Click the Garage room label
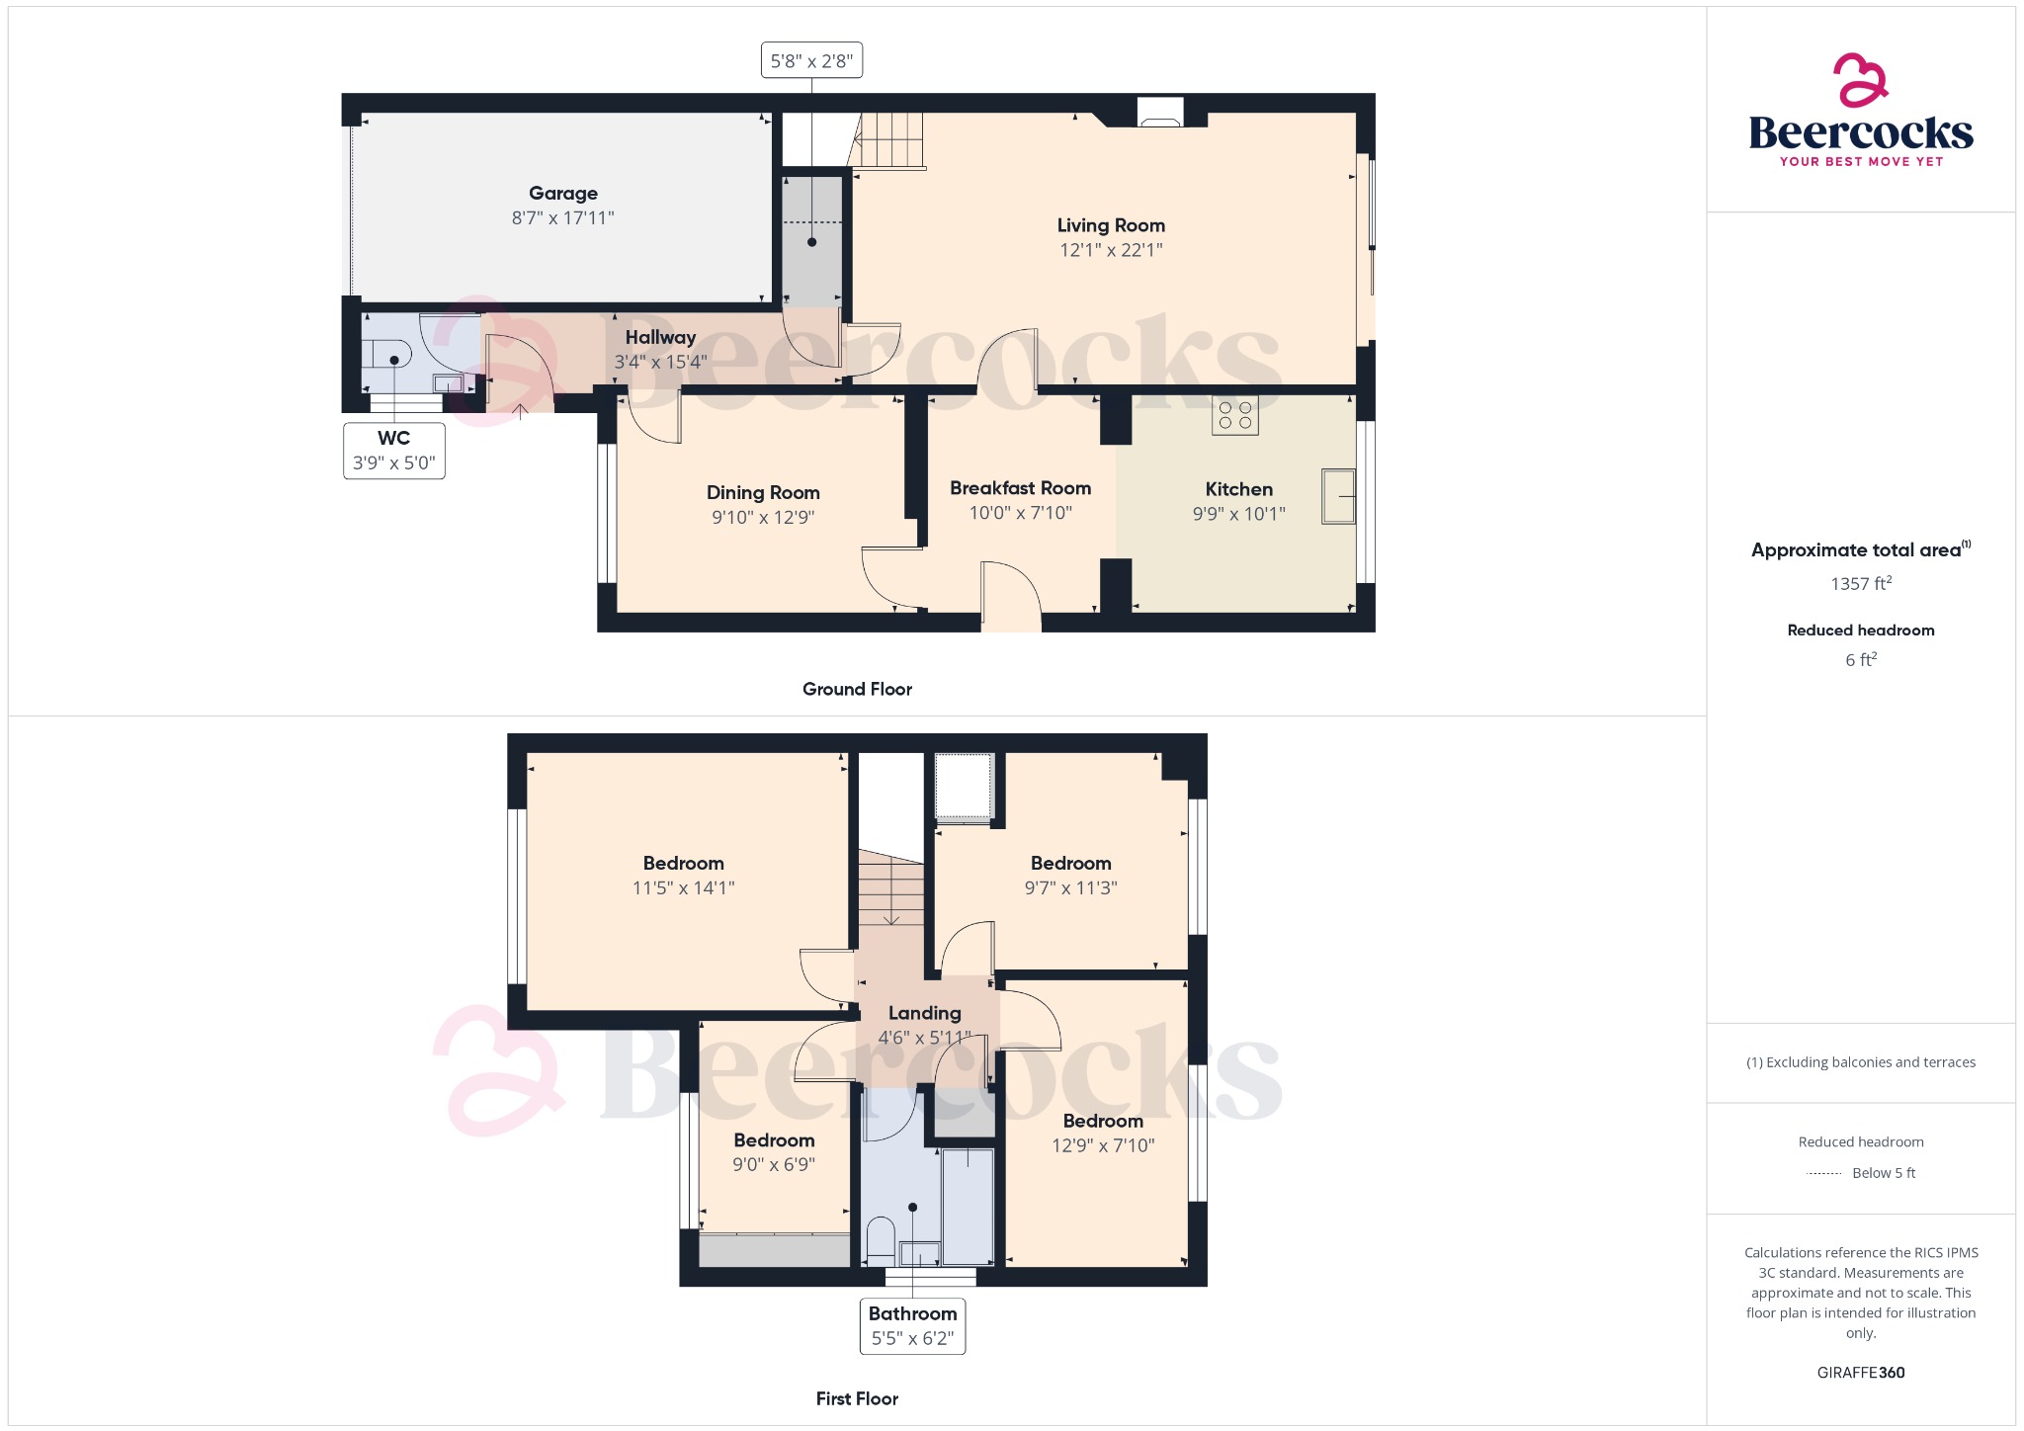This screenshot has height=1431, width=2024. (562, 194)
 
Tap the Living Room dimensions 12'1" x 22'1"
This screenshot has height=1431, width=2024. (1111, 250)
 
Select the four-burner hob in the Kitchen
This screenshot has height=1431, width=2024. (1234, 415)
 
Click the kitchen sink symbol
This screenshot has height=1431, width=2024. (1338, 496)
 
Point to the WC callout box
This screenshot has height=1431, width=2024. (393, 451)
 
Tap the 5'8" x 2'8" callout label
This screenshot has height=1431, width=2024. (811, 60)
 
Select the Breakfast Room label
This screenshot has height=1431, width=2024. (1020, 488)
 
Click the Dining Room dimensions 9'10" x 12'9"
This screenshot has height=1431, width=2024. (763, 517)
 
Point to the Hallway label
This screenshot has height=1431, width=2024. (660, 338)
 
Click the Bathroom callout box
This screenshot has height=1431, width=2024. (912, 1325)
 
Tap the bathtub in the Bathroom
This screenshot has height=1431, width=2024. (968, 1207)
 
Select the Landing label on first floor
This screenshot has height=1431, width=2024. (924, 1013)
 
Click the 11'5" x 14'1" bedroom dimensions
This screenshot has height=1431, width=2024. (683, 887)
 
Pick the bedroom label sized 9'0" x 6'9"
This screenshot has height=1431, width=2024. (774, 1140)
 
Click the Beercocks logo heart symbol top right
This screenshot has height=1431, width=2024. (1860, 80)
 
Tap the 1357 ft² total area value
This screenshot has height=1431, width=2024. (1860, 584)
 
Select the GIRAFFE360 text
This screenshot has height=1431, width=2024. (1860, 1372)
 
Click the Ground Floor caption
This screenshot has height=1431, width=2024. (857, 689)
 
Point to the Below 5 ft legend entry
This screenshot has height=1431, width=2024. (1883, 1173)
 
